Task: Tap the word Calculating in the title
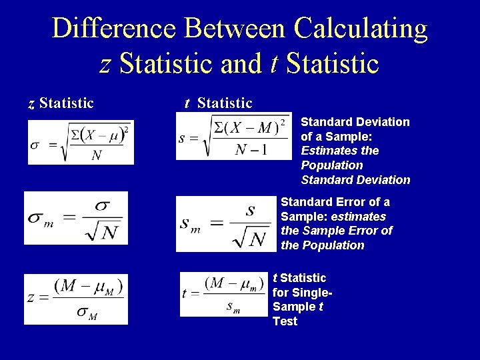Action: (360, 29)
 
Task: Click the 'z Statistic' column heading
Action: (61, 103)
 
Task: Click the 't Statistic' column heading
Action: (219, 103)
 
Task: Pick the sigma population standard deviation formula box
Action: (81, 142)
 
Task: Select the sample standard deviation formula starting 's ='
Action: (233, 137)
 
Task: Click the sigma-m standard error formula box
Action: (76, 218)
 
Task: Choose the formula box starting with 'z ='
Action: (76, 299)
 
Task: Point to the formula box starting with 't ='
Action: (224, 293)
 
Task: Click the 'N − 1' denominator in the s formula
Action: (251, 149)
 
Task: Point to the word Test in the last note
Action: (285, 321)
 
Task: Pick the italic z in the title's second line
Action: (105, 64)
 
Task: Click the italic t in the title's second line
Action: (274, 64)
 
